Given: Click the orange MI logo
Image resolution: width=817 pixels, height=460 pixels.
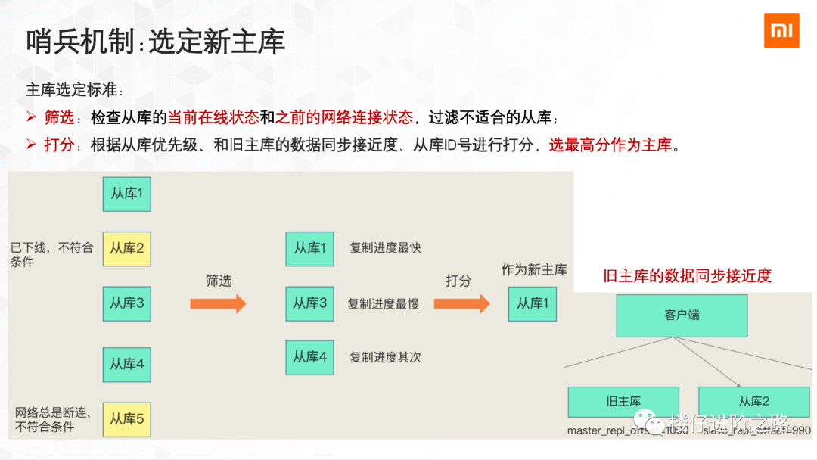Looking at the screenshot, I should tap(781, 30).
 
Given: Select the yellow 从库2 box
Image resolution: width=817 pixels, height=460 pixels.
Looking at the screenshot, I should tap(127, 248).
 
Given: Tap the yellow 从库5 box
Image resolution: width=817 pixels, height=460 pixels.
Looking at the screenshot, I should tap(127, 419).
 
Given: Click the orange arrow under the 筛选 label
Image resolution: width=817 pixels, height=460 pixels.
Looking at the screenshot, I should tap(218, 303).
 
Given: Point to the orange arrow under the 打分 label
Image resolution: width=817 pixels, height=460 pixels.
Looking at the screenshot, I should tap(461, 303).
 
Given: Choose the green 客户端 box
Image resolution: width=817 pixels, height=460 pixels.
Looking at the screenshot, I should tap(682, 315).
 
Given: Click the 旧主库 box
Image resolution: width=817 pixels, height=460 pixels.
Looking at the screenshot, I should tap(623, 402).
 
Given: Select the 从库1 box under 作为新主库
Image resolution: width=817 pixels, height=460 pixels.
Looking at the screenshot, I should tap(533, 303).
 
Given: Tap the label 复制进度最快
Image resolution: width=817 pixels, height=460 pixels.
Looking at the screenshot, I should tap(385, 248).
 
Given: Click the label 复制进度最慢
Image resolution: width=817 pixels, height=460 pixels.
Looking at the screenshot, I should tap(384, 304).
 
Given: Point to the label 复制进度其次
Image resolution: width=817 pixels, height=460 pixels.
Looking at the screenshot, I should tap(385, 357).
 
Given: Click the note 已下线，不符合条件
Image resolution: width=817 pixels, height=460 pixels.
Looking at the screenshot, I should tap(51, 254).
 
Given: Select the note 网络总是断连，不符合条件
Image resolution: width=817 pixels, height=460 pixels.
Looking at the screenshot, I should tap(53, 419).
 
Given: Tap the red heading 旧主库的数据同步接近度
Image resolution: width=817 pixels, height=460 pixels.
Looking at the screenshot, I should tap(687, 276).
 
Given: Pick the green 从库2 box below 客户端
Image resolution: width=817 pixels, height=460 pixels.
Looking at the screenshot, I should tap(753, 402).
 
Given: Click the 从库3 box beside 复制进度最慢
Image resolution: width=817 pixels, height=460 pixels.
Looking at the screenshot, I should tap(309, 303).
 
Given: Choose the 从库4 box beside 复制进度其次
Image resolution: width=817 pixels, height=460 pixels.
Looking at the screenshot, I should tap(309, 357).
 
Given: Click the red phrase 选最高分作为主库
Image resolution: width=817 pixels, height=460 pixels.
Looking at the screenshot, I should tap(610, 145).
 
